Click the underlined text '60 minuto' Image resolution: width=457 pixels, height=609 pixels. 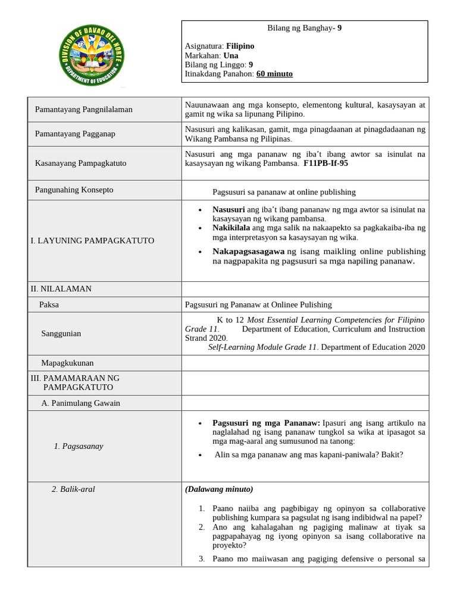coord(274,74)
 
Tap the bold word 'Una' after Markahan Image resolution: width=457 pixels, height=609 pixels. coord(231,55)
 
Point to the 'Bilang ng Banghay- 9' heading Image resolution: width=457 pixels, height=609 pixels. coord(304,27)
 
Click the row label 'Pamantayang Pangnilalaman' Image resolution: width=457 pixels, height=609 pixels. coord(84,109)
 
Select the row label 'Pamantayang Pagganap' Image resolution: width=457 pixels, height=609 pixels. coord(75,134)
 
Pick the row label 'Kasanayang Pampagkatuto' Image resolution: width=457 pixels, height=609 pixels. coord(81,163)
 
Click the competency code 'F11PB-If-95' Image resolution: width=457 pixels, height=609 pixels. coord(325,163)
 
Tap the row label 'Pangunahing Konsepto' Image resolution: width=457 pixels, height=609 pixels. coord(74,190)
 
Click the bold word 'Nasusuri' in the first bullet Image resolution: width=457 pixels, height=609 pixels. coord(228,209)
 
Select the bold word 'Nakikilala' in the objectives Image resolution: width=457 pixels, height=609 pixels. coord(231,227)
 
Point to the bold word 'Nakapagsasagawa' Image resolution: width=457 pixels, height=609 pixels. coord(248,252)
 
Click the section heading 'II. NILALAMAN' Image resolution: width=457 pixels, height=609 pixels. coord(61,288)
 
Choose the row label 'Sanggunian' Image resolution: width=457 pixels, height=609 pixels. coord(61,334)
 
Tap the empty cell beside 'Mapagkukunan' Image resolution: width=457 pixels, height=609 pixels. coord(305,363)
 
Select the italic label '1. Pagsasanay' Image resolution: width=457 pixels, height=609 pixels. coord(78,446)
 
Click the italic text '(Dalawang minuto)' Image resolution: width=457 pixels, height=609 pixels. coord(218,489)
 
